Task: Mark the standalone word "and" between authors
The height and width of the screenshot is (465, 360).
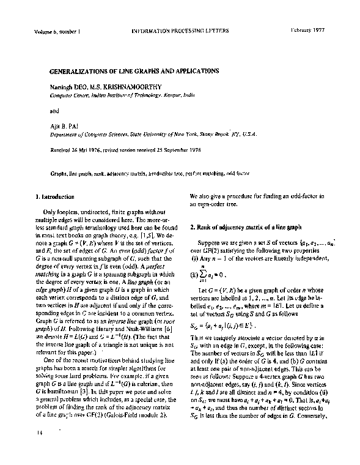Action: [x=54, y=111]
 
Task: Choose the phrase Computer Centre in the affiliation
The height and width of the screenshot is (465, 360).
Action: [x=68, y=96]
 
